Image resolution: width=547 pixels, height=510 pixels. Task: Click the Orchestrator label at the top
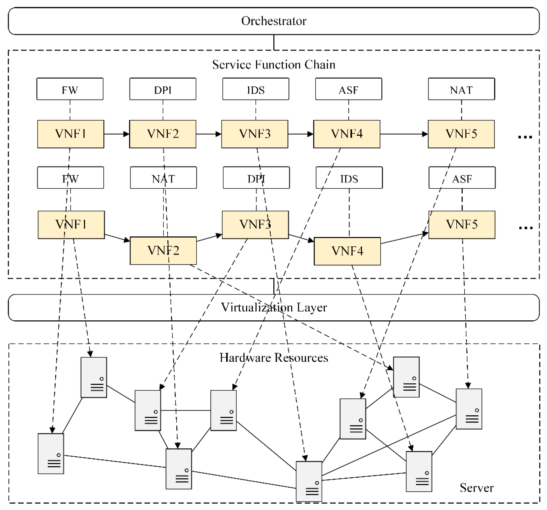click(273, 21)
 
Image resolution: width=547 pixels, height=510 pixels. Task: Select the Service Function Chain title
click(273, 64)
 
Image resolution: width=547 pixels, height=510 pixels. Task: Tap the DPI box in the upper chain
click(163, 89)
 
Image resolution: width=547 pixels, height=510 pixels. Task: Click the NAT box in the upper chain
click(461, 89)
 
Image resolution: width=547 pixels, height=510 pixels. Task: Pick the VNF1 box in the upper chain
click(71, 134)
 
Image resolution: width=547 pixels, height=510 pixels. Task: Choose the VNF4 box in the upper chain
click(347, 134)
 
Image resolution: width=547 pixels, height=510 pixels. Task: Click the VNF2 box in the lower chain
click(163, 250)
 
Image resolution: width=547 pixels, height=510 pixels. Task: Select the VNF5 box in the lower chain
click(462, 225)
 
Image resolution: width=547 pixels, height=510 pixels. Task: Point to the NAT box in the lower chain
click(163, 178)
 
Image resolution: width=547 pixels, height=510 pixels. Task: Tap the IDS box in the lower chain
click(349, 178)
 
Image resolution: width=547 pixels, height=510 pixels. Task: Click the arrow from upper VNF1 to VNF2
click(116, 134)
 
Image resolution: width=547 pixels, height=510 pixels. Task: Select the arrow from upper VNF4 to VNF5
click(404, 134)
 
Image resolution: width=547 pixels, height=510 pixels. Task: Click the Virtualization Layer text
click(273, 307)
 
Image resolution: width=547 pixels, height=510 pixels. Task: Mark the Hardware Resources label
click(273, 358)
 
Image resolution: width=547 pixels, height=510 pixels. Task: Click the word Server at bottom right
click(476, 488)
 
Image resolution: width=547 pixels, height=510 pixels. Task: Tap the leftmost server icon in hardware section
click(51, 453)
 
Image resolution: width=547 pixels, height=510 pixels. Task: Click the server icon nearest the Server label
click(419, 471)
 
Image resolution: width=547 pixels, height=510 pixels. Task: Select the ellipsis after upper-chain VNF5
click(525, 137)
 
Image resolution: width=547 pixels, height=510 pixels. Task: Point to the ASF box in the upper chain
click(348, 89)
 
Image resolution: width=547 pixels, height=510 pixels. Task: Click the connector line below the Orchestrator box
click(274, 42)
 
